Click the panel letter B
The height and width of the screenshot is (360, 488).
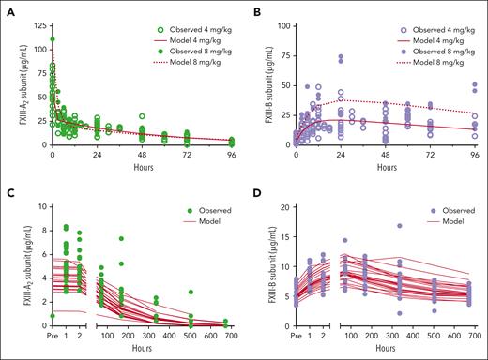point(254,8)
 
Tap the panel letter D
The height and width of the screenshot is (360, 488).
point(254,190)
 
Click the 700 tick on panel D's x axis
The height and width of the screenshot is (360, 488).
point(468,334)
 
